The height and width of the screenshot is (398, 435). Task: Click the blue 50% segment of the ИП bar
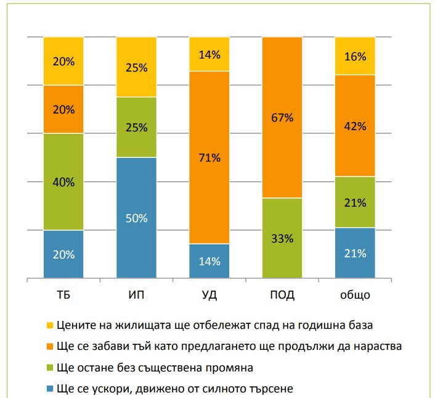(x=136, y=217)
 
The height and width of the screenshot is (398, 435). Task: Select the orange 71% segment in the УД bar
(x=209, y=157)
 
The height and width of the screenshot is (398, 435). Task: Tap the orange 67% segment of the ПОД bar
(x=283, y=117)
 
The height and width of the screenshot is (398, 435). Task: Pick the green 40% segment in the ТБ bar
(x=63, y=181)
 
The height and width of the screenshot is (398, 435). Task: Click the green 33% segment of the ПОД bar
(x=283, y=238)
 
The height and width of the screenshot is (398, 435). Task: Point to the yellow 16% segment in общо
(x=356, y=56)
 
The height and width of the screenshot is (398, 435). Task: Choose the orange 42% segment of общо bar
(x=356, y=125)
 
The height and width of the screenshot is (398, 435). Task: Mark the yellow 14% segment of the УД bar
(x=209, y=54)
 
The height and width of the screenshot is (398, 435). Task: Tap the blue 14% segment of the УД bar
(x=209, y=260)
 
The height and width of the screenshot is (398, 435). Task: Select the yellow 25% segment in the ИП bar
(x=136, y=67)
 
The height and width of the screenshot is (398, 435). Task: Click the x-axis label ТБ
(x=63, y=294)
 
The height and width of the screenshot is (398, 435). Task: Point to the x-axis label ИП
(x=136, y=294)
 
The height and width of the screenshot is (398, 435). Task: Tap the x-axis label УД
(x=209, y=294)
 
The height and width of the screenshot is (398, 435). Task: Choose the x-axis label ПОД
(x=283, y=294)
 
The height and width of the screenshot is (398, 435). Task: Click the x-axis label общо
(x=356, y=295)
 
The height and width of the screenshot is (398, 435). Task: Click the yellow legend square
(x=49, y=325)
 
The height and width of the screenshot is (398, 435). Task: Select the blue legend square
(x=49, y=389)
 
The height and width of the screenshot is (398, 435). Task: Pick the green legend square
(x=49, y=368)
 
